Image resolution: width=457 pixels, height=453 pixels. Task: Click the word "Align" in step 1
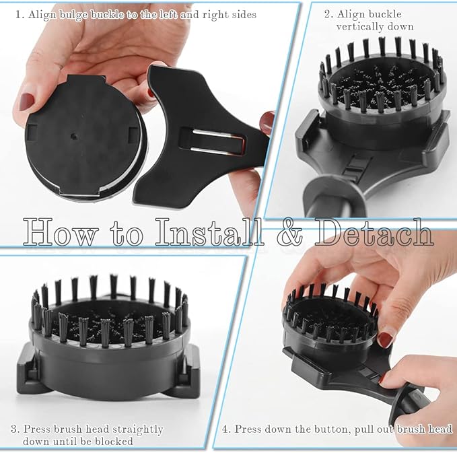tap(42, 15)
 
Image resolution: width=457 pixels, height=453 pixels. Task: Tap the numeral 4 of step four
tap(225, 429)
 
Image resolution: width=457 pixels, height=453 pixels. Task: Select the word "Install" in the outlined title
tap(209, 232)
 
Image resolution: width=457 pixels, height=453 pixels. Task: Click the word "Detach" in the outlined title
tap(374, 232)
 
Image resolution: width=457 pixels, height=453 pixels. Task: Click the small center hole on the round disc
tap(74, 136)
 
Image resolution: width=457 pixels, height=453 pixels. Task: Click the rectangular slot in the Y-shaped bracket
tap(212, 141)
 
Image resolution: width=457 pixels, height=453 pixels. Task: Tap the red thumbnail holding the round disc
tap(26, 102)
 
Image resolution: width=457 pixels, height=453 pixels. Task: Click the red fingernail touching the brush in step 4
tap(385, 340)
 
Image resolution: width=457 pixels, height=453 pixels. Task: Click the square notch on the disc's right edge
tap(133, 135)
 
